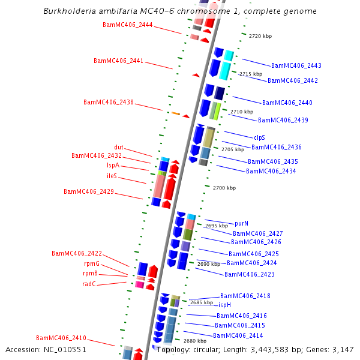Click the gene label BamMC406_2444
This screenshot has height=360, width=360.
pos(127,25)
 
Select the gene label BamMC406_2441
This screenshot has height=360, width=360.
pos(118,61)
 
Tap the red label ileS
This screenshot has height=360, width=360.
pos(112,176)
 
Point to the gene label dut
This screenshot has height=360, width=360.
pos(119,148)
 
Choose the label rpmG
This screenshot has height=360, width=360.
pos(91,264)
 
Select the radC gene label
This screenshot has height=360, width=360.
pos(89,284)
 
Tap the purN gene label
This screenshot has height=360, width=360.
pos(242,223)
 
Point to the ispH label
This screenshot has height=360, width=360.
pos(224,305)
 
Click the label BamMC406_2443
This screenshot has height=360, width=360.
pos(296,66)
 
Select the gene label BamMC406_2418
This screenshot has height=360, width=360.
pos(245,296)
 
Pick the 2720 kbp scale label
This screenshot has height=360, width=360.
pos(260,37)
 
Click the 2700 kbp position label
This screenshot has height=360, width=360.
pos(224,188)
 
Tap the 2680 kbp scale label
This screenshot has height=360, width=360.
pos(195,341)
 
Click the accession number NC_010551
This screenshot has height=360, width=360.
pos(46,350)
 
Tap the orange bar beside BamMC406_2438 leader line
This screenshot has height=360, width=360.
pos(176,113)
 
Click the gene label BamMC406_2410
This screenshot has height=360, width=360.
pos(61,338)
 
